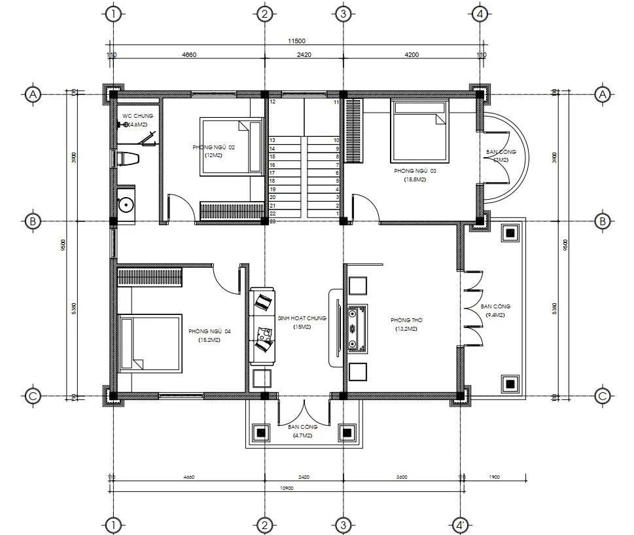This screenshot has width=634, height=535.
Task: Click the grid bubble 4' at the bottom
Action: [x=460, y=525]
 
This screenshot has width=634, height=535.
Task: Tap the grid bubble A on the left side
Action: [x=31, y=95]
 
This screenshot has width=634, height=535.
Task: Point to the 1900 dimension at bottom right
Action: [x=493, y=477]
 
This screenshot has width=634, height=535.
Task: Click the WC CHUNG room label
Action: [x=137, y=116]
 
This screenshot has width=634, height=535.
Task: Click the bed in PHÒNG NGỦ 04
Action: [x=149, y=343]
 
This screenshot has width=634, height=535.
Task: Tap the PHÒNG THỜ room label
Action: [x=404, y=320]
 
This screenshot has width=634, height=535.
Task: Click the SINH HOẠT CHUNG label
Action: [x=302, y=318]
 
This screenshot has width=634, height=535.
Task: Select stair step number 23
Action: [x=272, y=222]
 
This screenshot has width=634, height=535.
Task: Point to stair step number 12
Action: [x=272, y=102]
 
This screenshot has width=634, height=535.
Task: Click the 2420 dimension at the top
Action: [x=303, y=56]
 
